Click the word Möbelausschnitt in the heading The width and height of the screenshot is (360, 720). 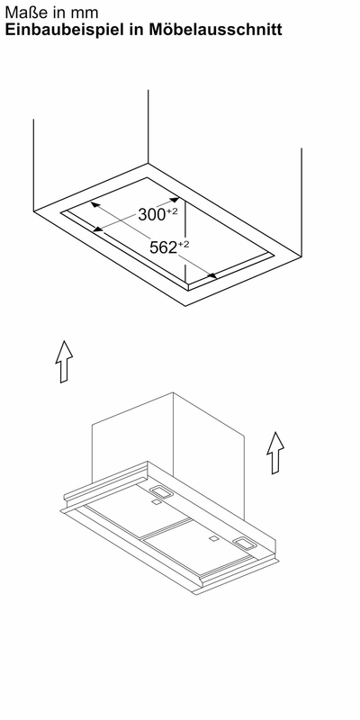[215, 30]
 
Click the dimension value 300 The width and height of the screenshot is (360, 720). [151, 215]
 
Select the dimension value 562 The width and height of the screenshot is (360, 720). [163, 248]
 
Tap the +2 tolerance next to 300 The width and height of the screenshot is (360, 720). [172, 211]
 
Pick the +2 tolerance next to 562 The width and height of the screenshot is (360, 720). [183, 244]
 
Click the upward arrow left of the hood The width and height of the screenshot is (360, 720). [64, 362]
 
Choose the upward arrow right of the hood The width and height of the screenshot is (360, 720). [275, 453]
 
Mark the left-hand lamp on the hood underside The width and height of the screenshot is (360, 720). [160, 491]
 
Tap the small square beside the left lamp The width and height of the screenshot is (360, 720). [157, 503]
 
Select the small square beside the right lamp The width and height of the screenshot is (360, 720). [213, 538]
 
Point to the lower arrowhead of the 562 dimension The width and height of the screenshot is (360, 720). [211, 276]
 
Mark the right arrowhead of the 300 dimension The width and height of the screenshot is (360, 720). [174, 200]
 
